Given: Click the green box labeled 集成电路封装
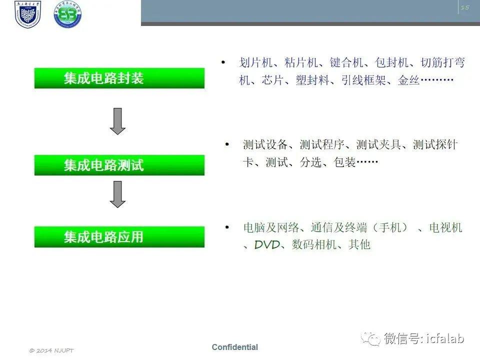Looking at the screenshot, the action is [119, 78].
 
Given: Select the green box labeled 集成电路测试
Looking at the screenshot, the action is [119, 165].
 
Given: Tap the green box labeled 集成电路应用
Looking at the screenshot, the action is [119, 237].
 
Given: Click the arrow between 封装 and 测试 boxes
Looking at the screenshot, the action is [117, 121].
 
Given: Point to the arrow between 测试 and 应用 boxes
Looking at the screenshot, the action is [117, 194].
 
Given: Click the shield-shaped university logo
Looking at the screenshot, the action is [27, 14].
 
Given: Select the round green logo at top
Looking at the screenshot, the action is [67, 14].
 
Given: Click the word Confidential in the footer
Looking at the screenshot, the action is [235, 347].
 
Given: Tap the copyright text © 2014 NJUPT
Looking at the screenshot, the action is [51, 350].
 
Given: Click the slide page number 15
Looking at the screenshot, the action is [465, 7].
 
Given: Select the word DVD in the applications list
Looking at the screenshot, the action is [267, 244].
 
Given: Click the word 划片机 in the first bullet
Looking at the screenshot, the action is [255, 62].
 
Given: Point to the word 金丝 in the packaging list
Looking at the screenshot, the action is [408, 80].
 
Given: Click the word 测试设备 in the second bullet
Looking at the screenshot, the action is [265, 144].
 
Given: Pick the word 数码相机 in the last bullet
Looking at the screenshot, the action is [314, 244].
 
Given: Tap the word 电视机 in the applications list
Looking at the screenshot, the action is [445, 227].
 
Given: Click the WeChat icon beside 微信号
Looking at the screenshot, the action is [370, 338].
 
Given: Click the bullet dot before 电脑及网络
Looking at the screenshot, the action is [227, 227].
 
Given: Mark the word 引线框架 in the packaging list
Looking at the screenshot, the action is [363, 80].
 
